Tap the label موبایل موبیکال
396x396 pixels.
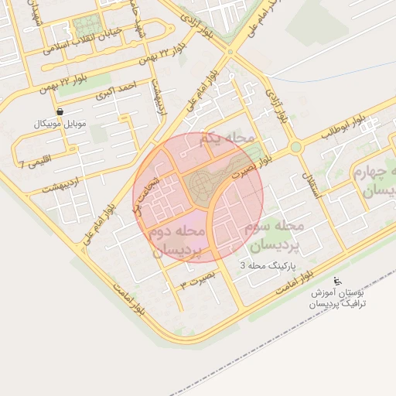[x=61, y=124]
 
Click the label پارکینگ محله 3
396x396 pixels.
[x=267, y=265]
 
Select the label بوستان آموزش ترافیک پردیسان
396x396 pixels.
[x=337, y=299]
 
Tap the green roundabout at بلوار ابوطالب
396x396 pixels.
[x=295, y=146]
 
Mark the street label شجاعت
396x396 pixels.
[x=144, y=191]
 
